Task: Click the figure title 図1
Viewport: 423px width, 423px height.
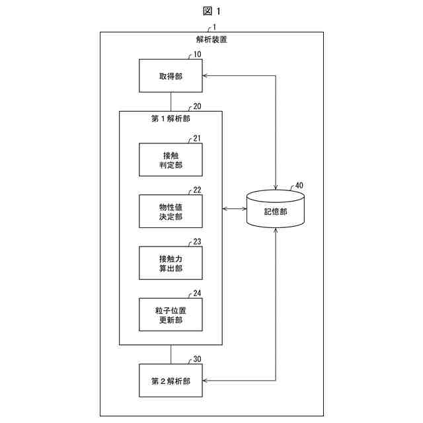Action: coord(211,11)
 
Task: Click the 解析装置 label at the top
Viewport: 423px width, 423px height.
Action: coord(211,40)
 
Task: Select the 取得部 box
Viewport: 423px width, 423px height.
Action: coord(171,76)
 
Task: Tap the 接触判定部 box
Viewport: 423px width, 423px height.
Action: coord(171,159)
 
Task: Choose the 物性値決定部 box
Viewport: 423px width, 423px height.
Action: coord(171,211)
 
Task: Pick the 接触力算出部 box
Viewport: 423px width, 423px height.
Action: coord(171,262)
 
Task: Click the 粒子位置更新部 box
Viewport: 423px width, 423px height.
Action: coord(171,314)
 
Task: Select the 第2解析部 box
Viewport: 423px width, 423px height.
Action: coord(171,381)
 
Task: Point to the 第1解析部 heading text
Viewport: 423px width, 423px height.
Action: coord(171,119)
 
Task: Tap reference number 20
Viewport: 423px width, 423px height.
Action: coord(198,106)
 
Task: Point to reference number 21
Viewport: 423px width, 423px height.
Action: coord(198,138)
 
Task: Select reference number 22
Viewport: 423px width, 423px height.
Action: coord(198,190)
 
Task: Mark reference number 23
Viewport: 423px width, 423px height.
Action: coord(198,241)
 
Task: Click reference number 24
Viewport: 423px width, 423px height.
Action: coord(198,293)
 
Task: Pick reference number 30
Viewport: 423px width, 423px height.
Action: coord(198,360)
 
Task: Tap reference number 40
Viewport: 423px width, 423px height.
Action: coord(299,186)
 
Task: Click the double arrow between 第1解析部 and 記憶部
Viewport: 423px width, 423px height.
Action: coord(234,210)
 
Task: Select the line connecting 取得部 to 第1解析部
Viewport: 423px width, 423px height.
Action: coord(171,101)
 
